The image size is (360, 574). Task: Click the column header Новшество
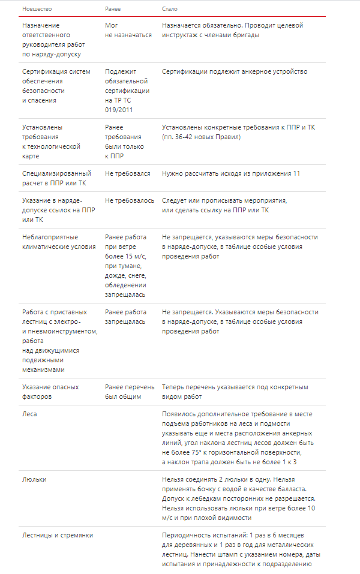[37, 9]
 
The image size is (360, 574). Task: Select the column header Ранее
[113, 9]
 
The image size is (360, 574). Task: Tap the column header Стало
[170, 9]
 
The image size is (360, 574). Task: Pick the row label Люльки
[34, 479]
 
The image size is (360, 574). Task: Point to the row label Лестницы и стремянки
[58, 535]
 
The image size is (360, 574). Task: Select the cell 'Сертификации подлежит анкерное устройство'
[234, 72]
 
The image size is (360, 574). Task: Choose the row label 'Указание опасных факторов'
[50, 392]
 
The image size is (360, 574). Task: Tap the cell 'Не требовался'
[127, 173]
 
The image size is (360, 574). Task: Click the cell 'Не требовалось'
[129, 200]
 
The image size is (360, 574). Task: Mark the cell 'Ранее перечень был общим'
[129, 392]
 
